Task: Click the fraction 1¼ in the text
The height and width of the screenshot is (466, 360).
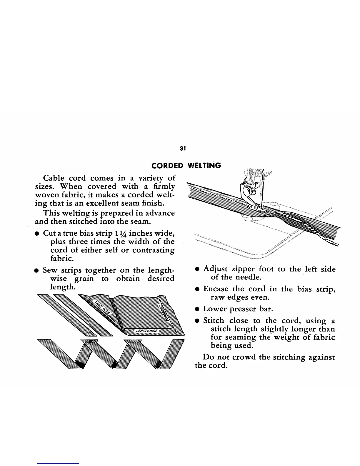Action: coord(123,234)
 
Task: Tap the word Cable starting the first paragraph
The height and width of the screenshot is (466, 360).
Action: coord(54,178)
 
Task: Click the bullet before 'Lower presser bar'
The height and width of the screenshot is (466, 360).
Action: coord(198,309)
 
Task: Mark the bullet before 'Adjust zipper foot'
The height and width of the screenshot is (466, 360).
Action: coord(198,269)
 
